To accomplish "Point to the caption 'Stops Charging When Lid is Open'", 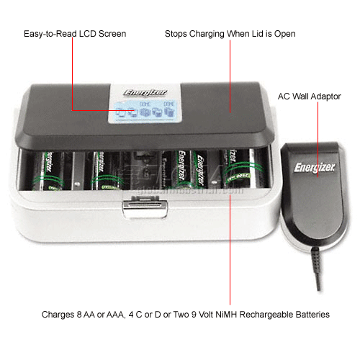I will point(230,34).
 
